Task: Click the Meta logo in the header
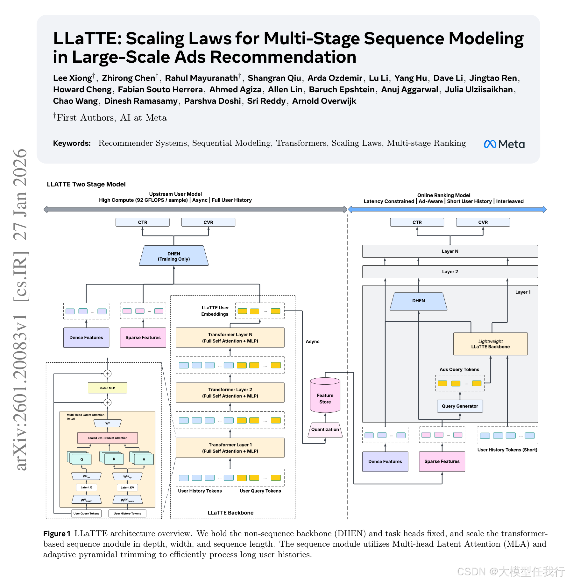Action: pos(504,144)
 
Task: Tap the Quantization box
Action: pos(325,430)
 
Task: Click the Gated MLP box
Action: pos(108,388)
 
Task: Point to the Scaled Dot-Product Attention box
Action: pos(108,438)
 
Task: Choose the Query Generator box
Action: pos(460,406)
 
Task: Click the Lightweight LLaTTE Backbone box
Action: pos(490,344)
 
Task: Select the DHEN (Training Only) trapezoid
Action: pos(174,256)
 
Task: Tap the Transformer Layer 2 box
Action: pos(230,393)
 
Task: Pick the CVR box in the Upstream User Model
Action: pos(208,222)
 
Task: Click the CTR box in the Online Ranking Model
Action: pos(417,222)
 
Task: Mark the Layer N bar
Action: pos(450,251)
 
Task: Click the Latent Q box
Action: pos(86,487)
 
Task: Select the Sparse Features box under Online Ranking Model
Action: pos(442,461)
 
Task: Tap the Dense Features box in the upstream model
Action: pos(86,338)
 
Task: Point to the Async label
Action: pos(313,341)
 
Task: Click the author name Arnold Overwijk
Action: pos(324,101)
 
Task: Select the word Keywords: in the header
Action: pos(72,143)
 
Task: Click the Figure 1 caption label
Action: pos(57,534)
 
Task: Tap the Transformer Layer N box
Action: pos(230,338)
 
